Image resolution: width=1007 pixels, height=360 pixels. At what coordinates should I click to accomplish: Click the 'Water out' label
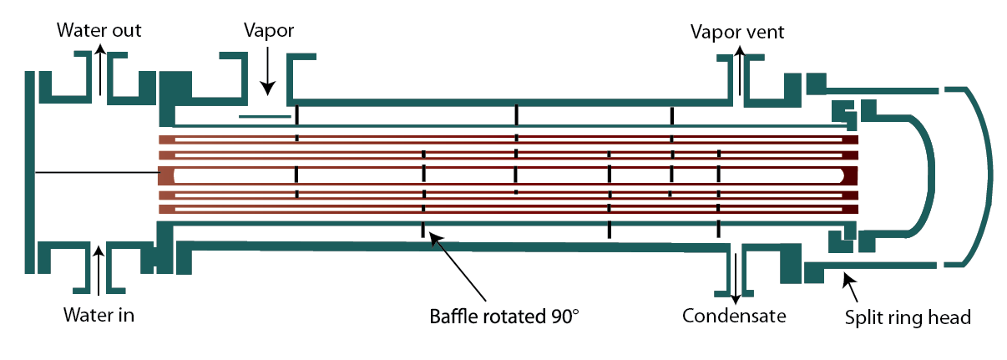pos(99,31)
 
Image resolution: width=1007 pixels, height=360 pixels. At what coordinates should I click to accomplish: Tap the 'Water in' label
pos(99,315)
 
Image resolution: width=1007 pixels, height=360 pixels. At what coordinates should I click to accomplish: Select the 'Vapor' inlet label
pos(268,31)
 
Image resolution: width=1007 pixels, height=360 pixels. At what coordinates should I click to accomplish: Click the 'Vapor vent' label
pos(737,33)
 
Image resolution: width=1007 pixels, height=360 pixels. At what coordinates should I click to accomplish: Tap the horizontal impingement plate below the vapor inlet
pos(265,116)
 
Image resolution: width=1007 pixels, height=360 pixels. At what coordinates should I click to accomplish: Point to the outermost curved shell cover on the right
pos(985,175)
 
